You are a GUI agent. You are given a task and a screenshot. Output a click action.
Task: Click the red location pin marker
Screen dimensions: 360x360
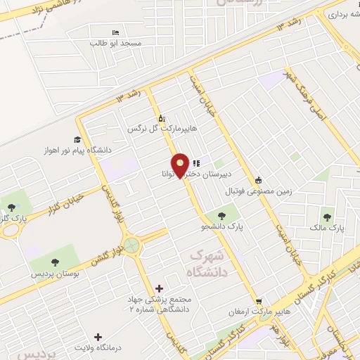181,166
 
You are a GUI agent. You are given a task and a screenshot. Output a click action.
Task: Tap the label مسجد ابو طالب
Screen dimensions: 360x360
115,43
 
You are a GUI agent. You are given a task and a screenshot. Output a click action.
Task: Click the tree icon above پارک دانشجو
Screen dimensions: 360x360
221,216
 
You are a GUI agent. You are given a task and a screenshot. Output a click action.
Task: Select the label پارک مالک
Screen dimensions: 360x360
328,229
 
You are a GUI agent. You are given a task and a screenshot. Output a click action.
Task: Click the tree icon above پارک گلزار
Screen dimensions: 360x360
11,207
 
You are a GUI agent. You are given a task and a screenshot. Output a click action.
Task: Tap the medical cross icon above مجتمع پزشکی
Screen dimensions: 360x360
159,288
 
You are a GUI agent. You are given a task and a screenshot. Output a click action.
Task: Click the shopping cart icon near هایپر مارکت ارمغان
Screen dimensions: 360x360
258,302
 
